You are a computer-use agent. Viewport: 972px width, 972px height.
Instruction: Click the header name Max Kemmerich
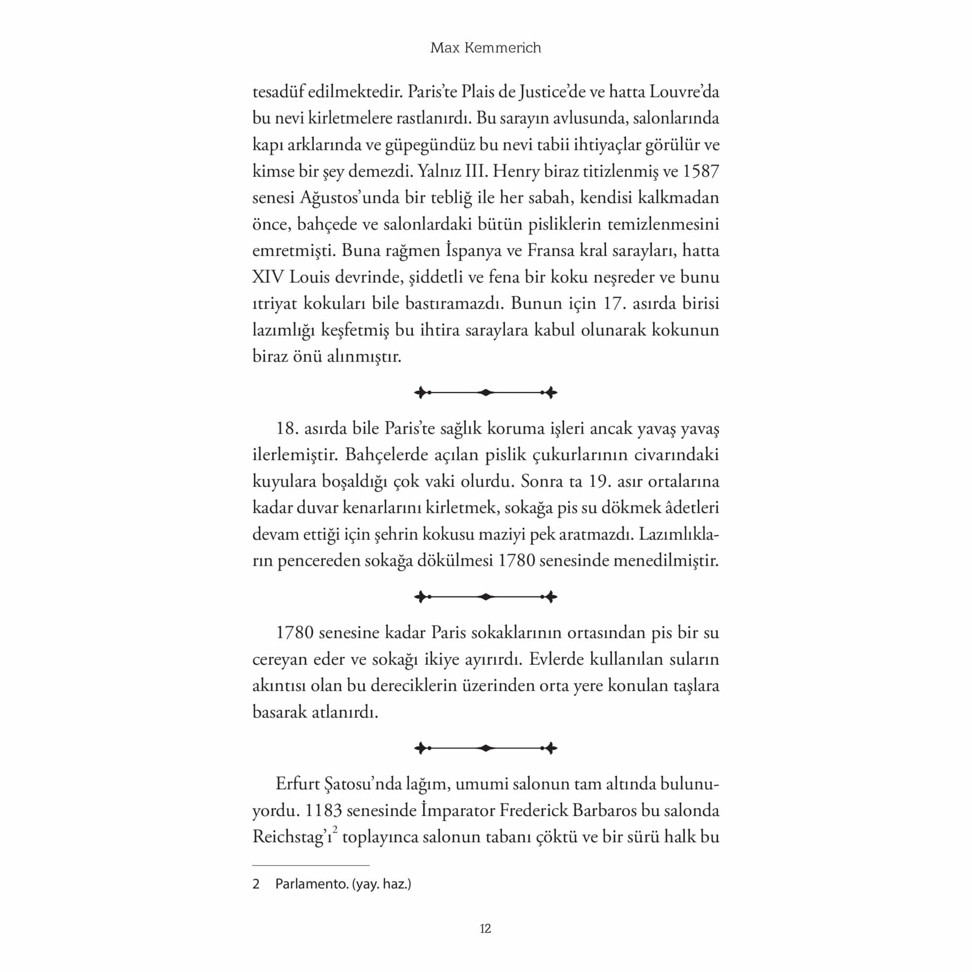[x=486, y=48]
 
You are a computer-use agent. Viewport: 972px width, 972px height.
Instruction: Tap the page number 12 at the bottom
[x=485, y=929]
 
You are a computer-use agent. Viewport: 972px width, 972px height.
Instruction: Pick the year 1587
[x=700, y=171]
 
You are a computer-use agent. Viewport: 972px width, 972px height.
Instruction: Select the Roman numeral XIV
[x=268, y=277]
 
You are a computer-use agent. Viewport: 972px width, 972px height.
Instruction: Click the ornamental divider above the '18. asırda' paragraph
[x=486, y=392]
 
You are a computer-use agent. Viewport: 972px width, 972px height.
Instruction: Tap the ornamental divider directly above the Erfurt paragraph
[x=486, y=748]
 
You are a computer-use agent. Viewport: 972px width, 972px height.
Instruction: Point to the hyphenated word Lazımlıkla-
[x=679, y=534]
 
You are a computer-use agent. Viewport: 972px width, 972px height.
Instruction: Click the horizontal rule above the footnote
[x=311, y=866]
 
